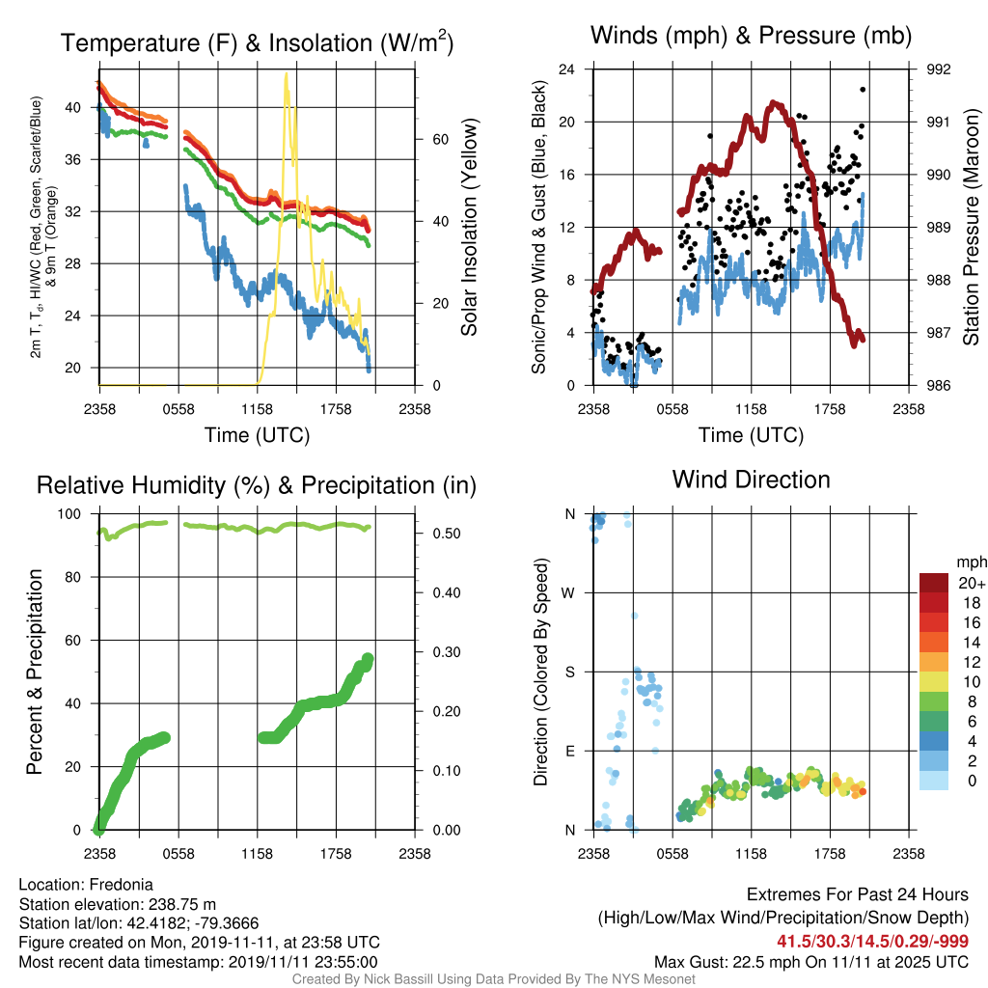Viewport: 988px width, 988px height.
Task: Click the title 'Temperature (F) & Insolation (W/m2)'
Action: click(257, 42)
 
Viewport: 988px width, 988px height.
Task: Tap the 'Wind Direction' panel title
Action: click(751, 480)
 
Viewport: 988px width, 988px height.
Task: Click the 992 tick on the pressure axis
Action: click(938, 69)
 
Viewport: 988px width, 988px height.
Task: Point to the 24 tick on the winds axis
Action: click(566, 69)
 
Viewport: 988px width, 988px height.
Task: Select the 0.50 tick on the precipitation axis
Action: click(446, 534)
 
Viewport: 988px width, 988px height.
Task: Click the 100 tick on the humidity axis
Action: click(69, 514)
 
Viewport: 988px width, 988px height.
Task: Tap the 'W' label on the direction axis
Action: click(568, 593)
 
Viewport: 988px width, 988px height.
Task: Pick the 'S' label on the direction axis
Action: click(569, 672)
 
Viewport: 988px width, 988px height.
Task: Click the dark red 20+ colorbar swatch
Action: click(934, 583)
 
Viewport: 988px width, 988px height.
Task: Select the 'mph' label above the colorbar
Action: click(971, 563)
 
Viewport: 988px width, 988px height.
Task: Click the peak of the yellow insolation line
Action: click(286, 73)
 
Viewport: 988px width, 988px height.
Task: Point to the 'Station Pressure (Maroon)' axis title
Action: click(971, 227)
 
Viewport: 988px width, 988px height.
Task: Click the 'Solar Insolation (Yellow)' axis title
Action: click(470, 227)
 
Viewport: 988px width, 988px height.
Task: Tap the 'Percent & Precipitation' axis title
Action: click(34, 672)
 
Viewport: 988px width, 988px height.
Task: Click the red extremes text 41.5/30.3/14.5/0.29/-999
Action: click(872, 942)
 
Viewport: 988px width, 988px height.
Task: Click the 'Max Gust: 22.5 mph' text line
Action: click(810, 962)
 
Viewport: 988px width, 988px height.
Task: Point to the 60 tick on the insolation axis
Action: click(440, 140)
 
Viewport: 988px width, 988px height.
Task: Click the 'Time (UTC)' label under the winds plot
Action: click(751, 435)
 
